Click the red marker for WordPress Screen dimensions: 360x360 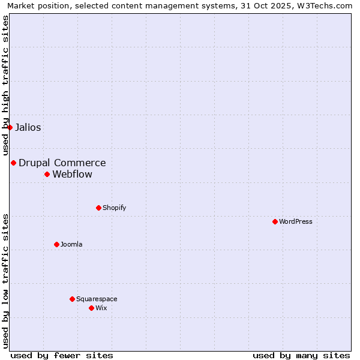click(x=275, y=221)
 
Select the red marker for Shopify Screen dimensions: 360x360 click(x=98, y=208)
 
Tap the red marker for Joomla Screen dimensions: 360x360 click(x=56, y=244)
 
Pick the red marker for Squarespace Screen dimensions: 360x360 click(x=72, y=299)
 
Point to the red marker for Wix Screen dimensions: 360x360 click(x=91, y=308)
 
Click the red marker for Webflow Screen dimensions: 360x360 click(x=47, y=174)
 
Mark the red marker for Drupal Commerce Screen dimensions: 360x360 click(x=13, y=163)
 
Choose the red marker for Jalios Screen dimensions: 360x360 click(x=10, y=127)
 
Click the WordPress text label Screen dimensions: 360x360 click(x=296, y=221)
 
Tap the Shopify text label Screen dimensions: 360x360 click(x=114, y=208)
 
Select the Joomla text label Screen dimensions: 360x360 click(x=71, y=244)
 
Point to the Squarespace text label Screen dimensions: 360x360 click(x=97, y=299)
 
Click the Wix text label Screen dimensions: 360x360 click(x=101, y=308)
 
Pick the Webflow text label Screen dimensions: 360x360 click(x=73, y=175)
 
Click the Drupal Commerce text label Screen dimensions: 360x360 click(x=62, y=163)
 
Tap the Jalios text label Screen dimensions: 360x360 click(x=28, y=127)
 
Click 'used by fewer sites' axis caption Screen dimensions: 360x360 click(x=62, y=355)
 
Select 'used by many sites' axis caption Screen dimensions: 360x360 click(x=301, y=355)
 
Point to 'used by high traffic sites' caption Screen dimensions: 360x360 click(x=5, y=85)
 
